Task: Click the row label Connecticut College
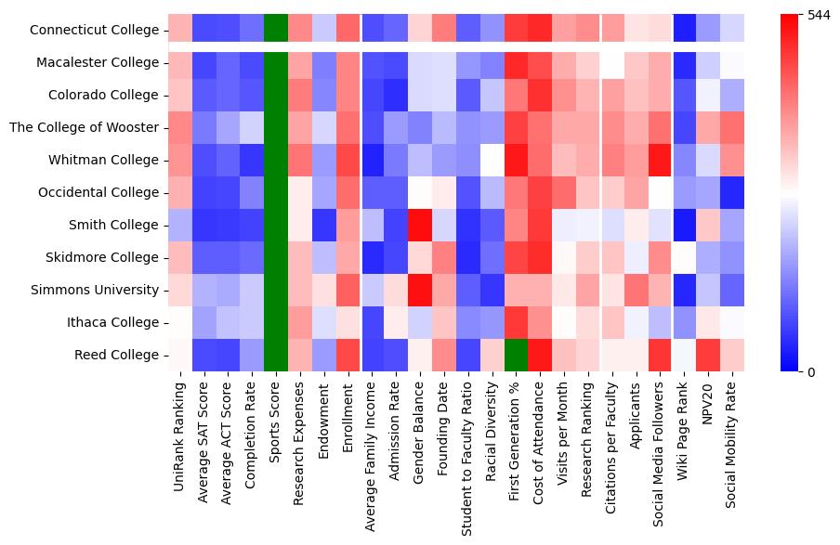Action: pyautogui.click(x=95, y=31)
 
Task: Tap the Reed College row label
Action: pyautogui.click(x=118, y=356)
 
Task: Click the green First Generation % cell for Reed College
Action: pyautogui.click(x=518, y=356)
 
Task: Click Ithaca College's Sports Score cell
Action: pyautogui.click(x=276, y=323)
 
